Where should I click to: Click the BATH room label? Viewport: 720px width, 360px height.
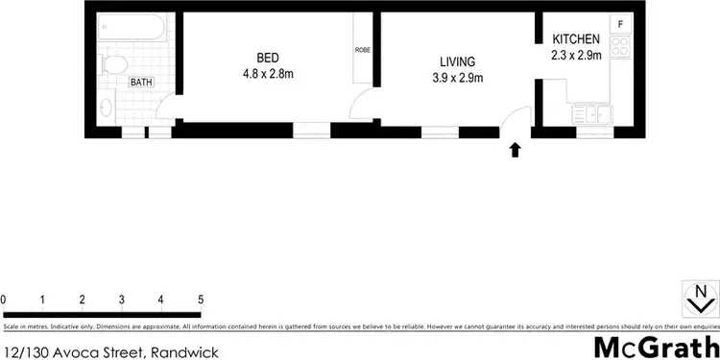coord(141,83)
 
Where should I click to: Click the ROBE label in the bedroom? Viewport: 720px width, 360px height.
coord(362,50)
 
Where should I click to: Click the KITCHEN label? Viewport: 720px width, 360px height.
coord(576,39)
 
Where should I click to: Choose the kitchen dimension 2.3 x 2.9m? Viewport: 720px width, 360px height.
coord(576,56)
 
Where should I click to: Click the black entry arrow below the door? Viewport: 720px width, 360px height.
coord(516,149)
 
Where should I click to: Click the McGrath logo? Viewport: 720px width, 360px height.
coord(656,347)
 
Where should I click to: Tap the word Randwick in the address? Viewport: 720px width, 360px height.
coord(184,352)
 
